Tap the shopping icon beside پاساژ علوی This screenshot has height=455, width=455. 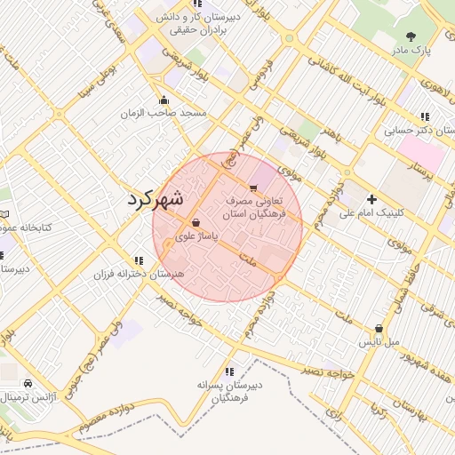tap(196, 222)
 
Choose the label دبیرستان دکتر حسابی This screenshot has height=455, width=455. tap(419, 131)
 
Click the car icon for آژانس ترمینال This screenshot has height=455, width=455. tap(28, 383)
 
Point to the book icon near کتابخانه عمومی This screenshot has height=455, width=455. tap(4, 214)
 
